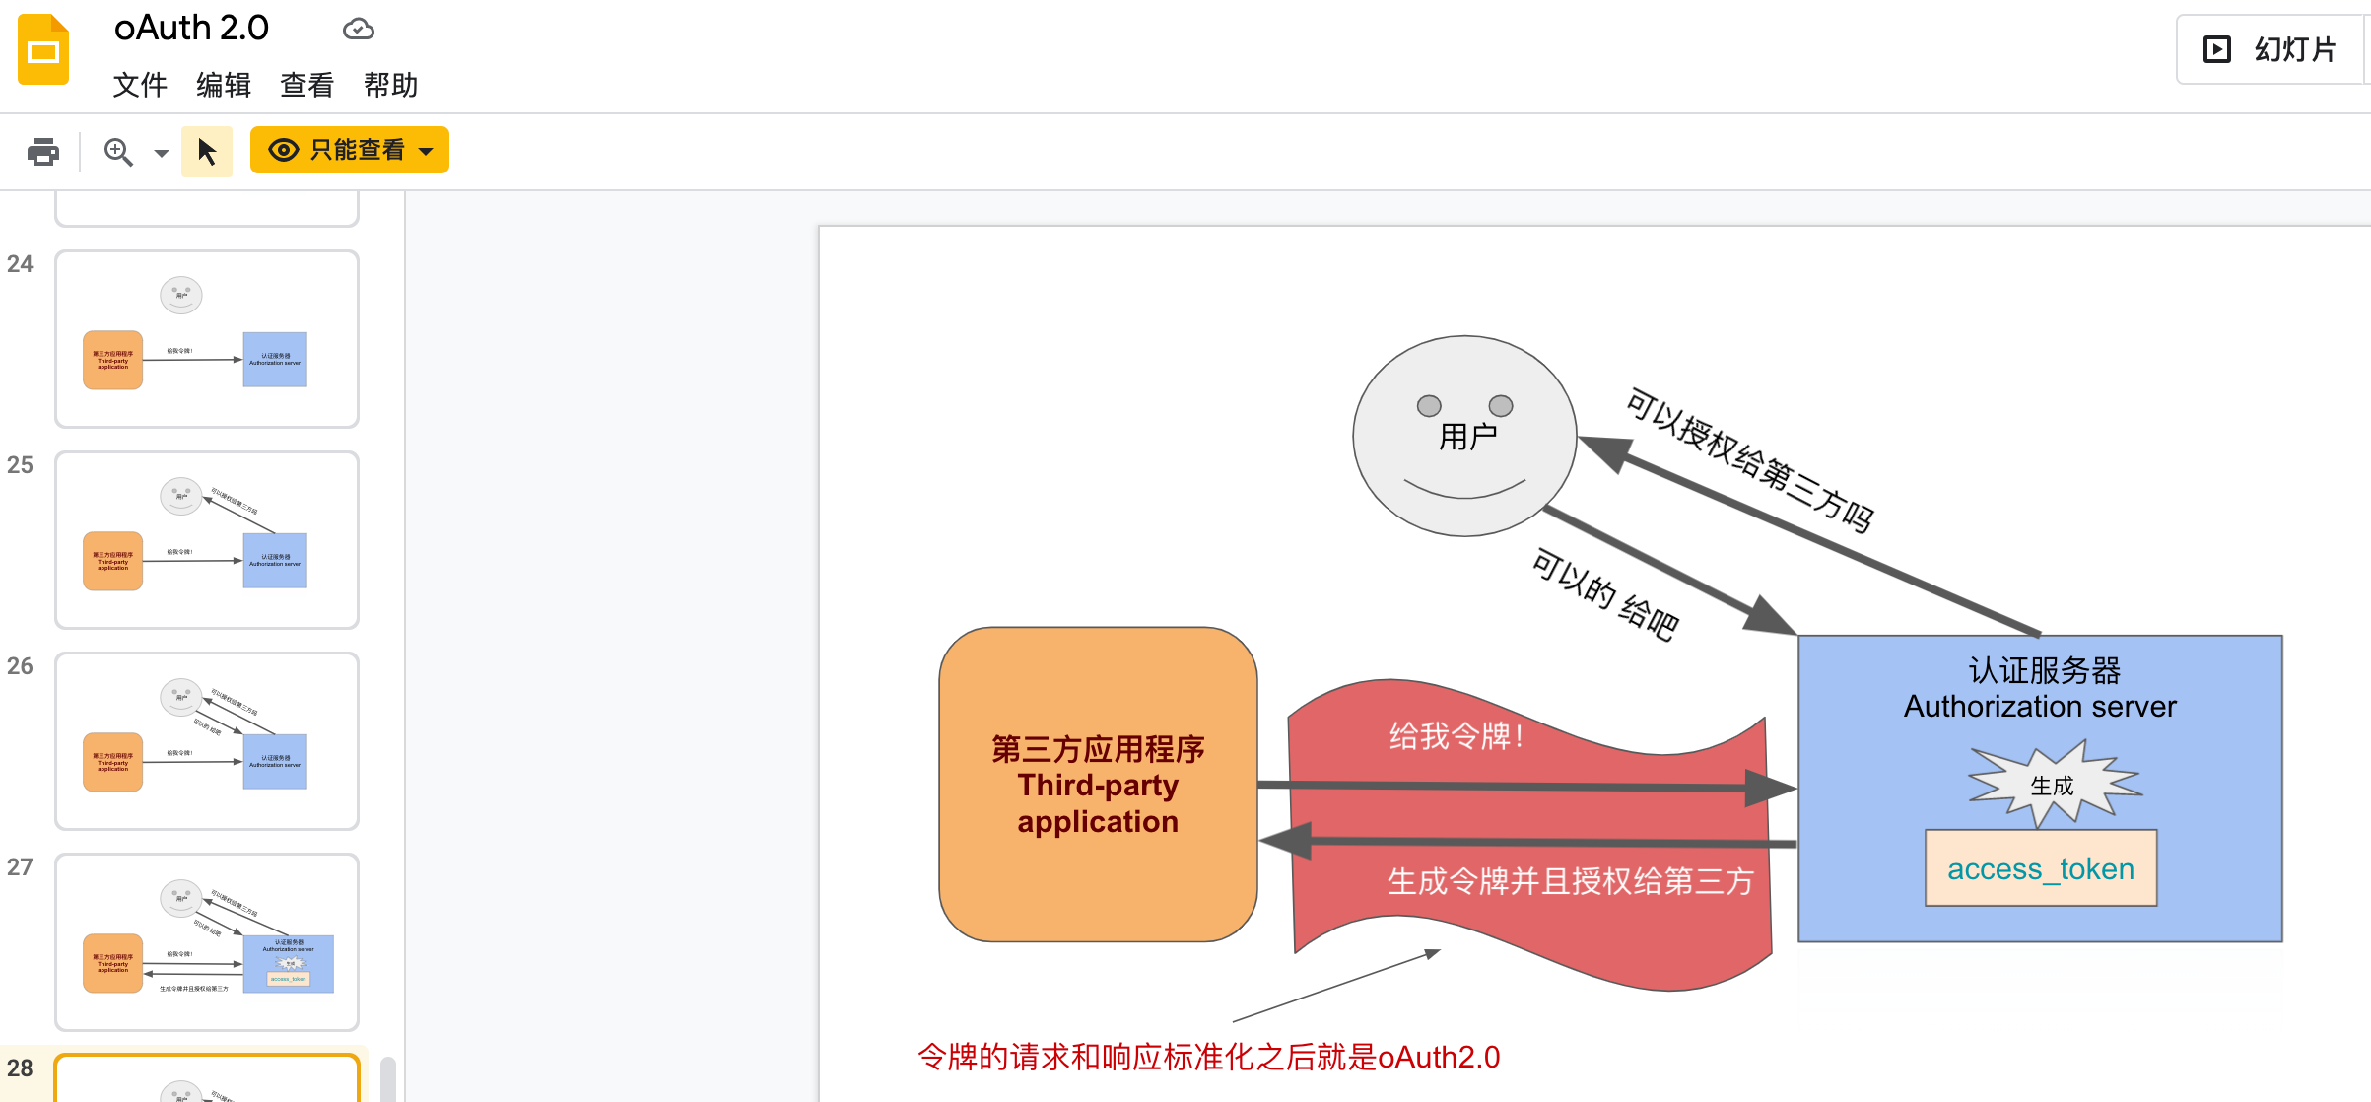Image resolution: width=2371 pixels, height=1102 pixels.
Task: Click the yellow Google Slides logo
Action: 43,49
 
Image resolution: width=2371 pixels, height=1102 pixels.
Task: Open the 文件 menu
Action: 140,86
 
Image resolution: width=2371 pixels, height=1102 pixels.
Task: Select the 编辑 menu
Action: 224,86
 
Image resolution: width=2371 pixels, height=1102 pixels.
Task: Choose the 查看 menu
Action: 306,86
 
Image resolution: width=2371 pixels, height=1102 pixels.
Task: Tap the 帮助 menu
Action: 390,86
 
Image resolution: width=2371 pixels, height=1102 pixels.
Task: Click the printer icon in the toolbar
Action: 43,152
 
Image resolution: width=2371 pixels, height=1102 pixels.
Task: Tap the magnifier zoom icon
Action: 118,152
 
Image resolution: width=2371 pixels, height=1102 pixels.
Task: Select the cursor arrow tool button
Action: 207,152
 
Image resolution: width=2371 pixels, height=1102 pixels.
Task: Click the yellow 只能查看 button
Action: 349,150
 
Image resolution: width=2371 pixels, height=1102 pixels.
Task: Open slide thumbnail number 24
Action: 207,339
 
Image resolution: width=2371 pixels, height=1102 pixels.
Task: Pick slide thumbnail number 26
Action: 207,741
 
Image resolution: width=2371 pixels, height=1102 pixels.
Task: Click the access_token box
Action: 2040,868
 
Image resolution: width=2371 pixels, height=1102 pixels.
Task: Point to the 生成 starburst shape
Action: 2053,785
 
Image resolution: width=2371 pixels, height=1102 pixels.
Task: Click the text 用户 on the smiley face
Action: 1467,436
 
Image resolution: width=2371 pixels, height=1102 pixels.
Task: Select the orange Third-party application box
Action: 1098,785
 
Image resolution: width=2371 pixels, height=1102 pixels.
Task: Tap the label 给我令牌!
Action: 1456,735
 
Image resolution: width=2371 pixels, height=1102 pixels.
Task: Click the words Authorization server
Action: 2040,707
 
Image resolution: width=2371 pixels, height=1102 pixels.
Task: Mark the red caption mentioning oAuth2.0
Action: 1208,1057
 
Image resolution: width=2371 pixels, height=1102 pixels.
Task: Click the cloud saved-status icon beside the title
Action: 359,30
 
